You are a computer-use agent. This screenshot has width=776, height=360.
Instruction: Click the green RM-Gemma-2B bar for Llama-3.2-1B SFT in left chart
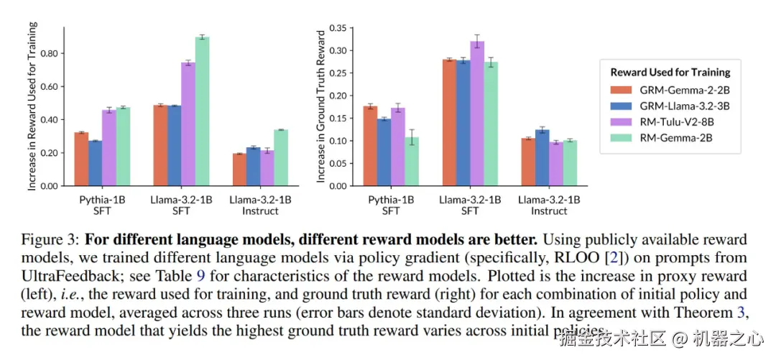point(202,111)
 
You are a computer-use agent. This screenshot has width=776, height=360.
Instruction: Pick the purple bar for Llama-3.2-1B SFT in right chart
point(477,114)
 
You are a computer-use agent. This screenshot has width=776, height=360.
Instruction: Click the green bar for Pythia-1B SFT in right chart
point(411,162)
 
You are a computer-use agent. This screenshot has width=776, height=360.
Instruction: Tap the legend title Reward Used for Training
point(670,72)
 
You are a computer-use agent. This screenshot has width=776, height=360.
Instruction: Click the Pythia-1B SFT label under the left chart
point(102,205)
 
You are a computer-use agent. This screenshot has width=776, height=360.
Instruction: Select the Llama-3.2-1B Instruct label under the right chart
point(549,205)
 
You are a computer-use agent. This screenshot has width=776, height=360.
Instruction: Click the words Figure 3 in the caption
point(48,239)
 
